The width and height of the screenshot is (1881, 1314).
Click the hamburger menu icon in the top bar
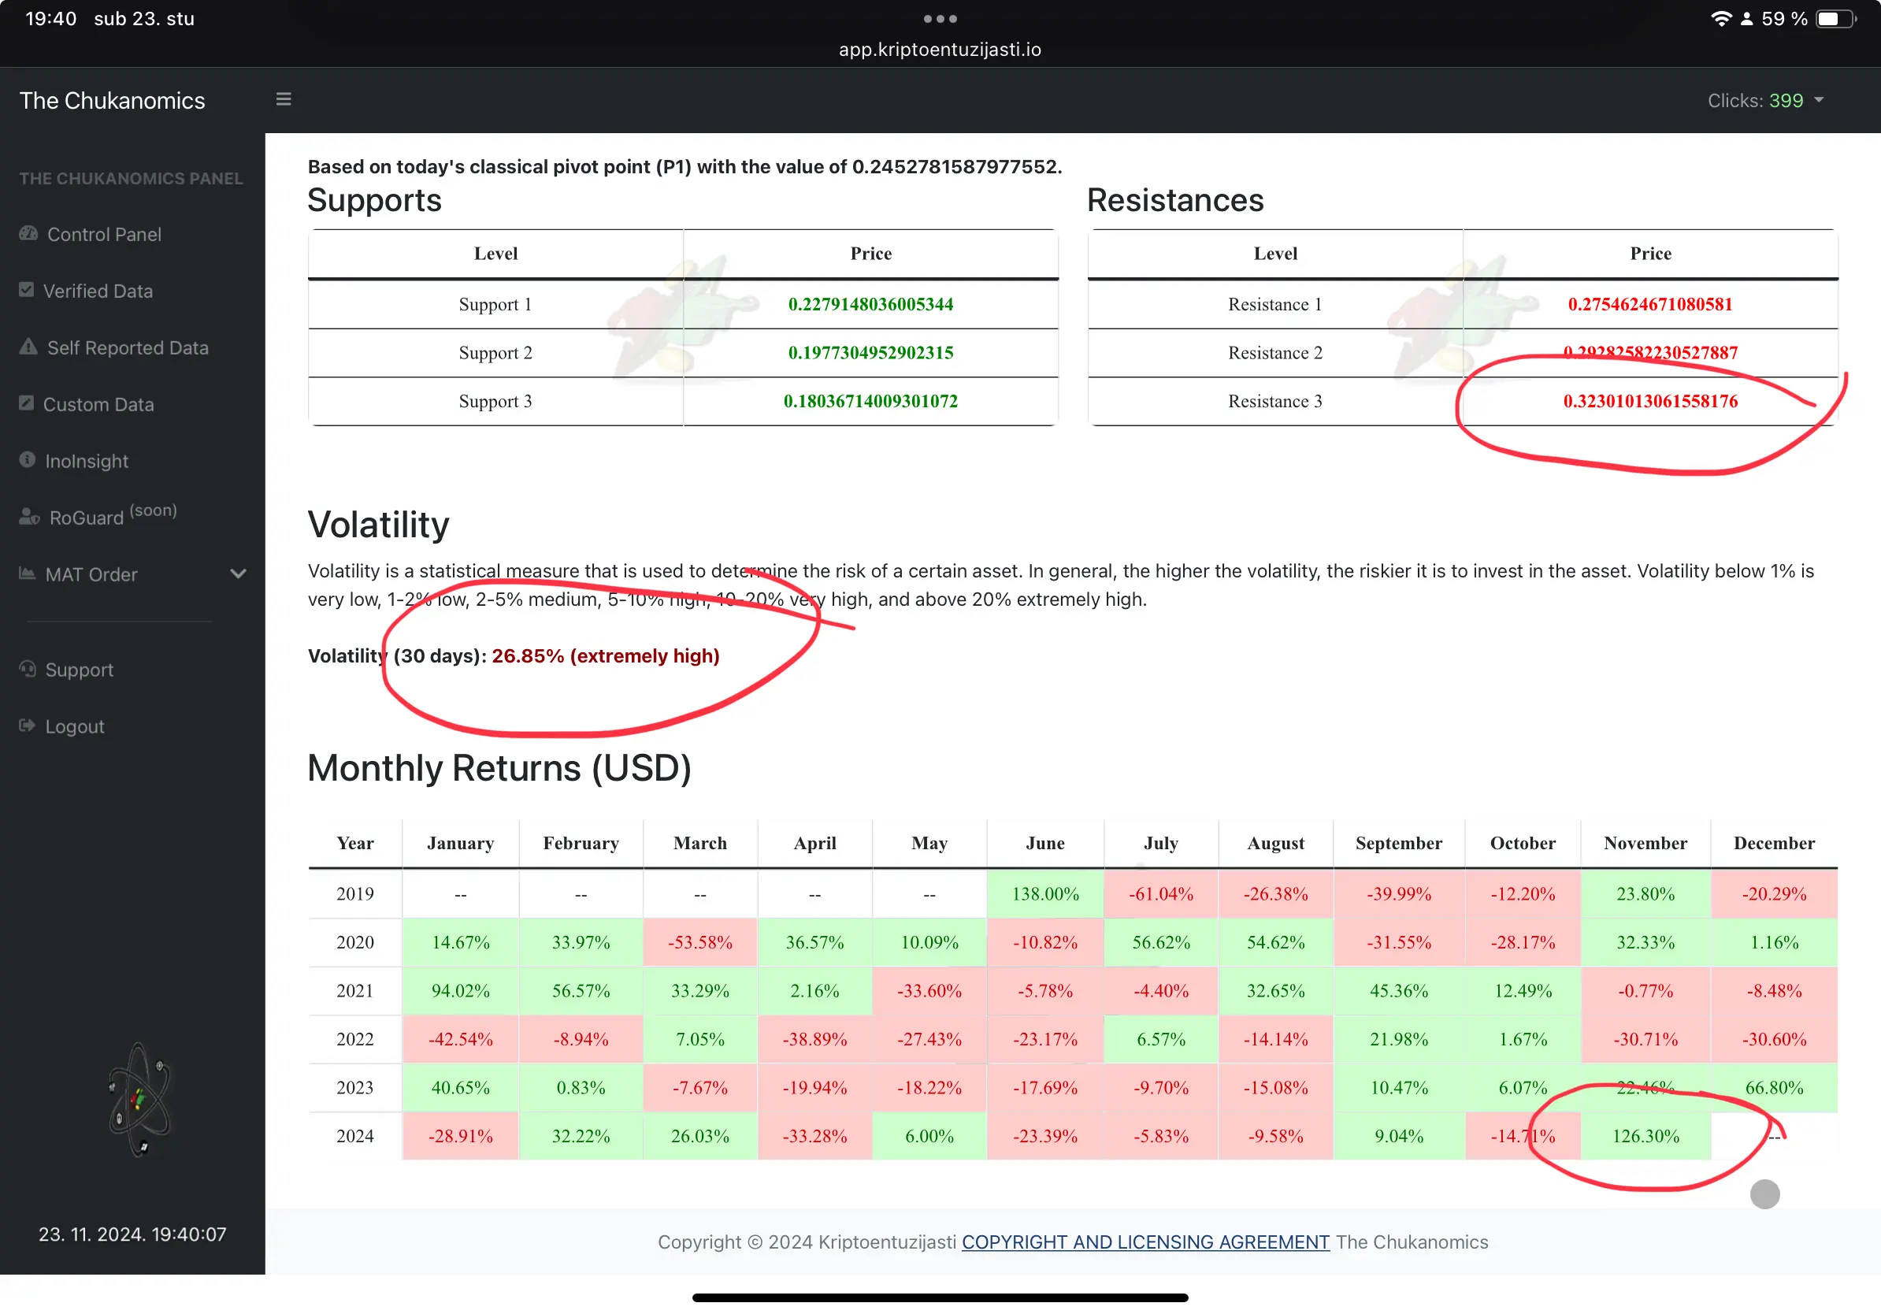[284, 99]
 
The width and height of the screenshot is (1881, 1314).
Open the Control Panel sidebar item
[103, 234]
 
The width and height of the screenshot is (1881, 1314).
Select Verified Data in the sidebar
[98, 291]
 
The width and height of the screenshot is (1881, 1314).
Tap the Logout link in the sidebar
[74, 726]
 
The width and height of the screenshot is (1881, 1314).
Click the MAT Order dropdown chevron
[239, 573]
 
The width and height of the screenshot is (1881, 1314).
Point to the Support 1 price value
[870, 304]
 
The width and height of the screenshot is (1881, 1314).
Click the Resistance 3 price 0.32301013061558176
[1649, 402]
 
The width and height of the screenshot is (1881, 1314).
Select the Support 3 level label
[495, 402]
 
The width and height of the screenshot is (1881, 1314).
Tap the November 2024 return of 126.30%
[1645, 1136]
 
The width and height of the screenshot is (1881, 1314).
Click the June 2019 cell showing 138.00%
[1044, 894]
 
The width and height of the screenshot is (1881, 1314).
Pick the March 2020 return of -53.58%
[699, 942]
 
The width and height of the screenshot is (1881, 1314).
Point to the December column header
[1774, 843]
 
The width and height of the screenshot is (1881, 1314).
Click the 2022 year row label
[354, 1039]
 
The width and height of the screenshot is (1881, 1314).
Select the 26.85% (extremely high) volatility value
[606, 656]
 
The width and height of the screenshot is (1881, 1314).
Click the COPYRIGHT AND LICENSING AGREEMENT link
[1145, 1242]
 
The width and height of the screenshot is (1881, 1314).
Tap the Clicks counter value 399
[1785, 101]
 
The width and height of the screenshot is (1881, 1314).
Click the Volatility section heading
[379, 525]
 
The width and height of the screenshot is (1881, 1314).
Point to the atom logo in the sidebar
[139, 1100]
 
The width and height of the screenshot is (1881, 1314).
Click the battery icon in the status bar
[1835, 19]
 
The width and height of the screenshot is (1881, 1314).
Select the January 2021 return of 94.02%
[461, 990]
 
